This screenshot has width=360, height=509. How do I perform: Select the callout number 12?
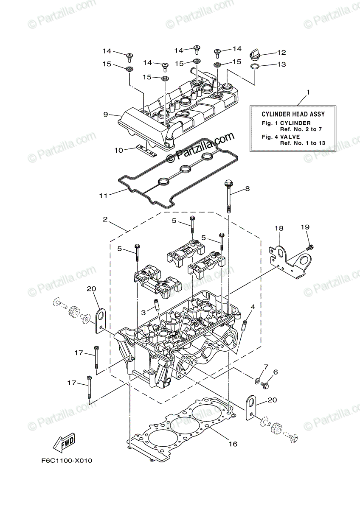point(281,53)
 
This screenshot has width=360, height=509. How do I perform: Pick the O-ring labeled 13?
point(254,66)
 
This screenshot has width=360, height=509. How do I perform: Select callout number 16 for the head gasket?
point(232,444)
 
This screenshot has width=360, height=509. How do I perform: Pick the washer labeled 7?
point(258,379)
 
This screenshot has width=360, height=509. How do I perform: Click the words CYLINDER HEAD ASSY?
point(293,114)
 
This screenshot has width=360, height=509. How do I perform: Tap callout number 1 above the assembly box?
point(308,92)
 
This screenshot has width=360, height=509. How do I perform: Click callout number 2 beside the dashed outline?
point(105,220)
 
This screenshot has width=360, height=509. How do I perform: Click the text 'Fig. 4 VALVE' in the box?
point(281,137)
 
